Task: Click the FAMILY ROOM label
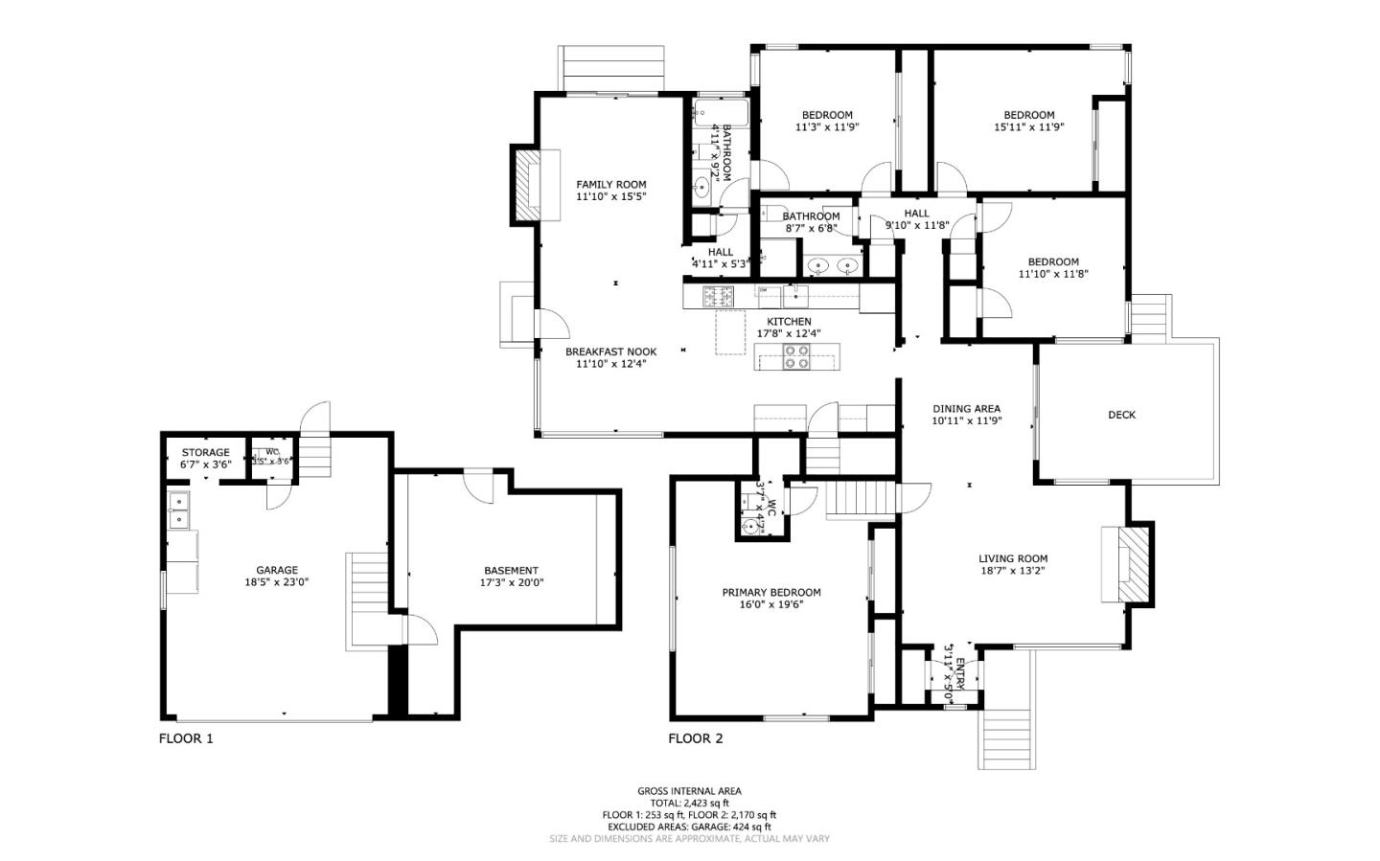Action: click(x=610, y=185)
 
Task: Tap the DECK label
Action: click(x=1121, y=415)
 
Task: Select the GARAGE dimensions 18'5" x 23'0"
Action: click(x=276, y=582)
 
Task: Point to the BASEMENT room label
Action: click(x=511, y=571)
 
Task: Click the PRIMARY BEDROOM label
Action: click(x=770, y=593)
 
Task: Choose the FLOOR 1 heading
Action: click(x=186, y=738)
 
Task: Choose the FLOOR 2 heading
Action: click(x=696, y=738)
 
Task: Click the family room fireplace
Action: click(x=528, y=185)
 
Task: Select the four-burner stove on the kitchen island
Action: click(x=796, y=357)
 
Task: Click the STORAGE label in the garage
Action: click(x=205, y=453)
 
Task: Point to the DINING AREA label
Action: click(x=966, y=409)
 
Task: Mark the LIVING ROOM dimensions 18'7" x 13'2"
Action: click(x=1012, y=571)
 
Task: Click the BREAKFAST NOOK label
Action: click(x=610, y=352)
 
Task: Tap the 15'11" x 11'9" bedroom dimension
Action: click(x=1028, y=126)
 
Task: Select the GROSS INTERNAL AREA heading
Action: click(x=689, y=791)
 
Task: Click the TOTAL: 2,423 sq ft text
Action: click(x=689, y=804)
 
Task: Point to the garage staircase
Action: click(x=367, y=599)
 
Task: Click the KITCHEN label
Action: click(x=789, y=322)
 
